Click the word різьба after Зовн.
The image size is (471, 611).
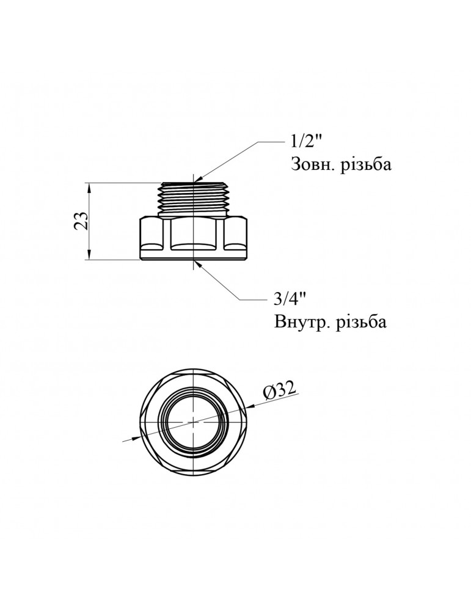tap(364, 166)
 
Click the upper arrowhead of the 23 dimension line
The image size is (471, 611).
tap(90, 186)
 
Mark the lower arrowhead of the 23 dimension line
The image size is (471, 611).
tap(90, 256)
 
